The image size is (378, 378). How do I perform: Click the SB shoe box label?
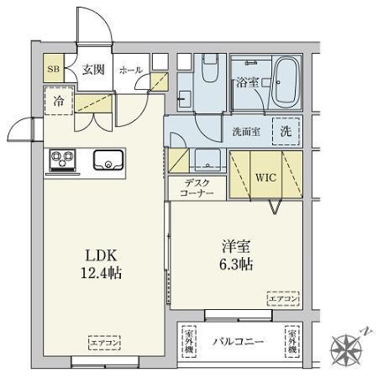click(x=53, y=70)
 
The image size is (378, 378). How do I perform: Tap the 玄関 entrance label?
click(x=92, y=70)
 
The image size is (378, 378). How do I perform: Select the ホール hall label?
click(x=130, y=71)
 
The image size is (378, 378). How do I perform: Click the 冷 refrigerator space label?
click(x=60, y=100)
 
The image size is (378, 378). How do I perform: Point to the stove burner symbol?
click(x=61, y=158)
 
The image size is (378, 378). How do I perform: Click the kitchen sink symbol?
click(x=108, y=159)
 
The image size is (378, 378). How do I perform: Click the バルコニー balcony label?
click(x=238, y=342)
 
